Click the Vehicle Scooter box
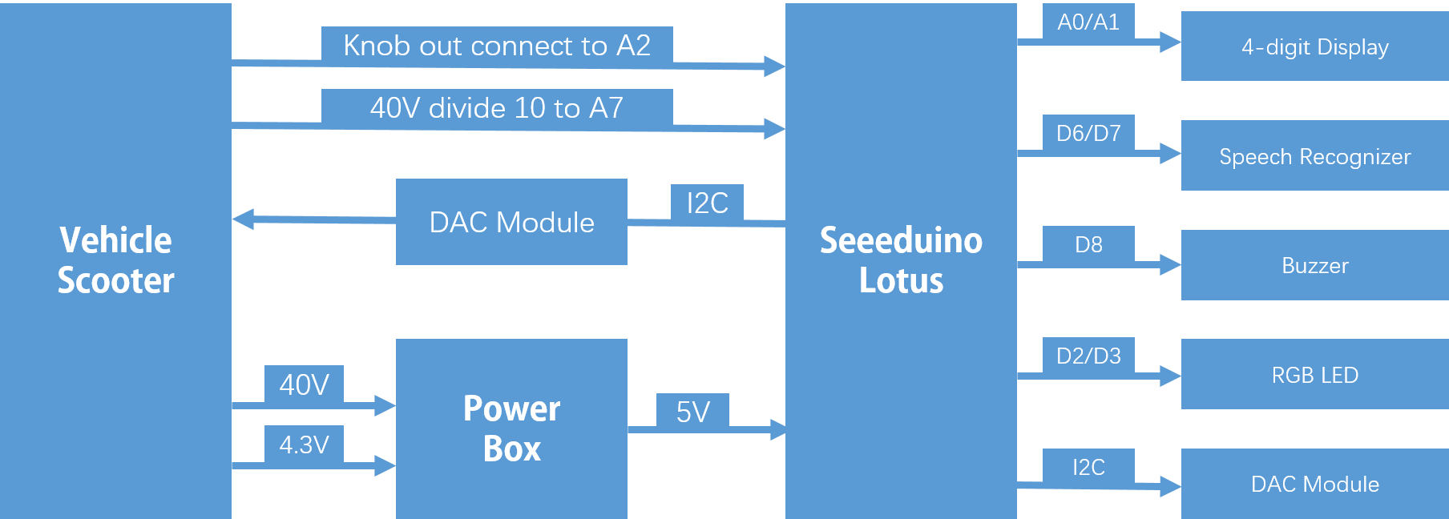pyautogui.click(x=115, y=260)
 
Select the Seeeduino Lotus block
pyautogui.click(x=901, y=260)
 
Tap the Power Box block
pyautogui.click(x=511, y=428)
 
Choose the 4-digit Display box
pyautogui.click(x=1314, y=46)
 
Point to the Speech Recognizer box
pyautogui.click(x=1314, y=155)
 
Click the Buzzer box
pyautogui.click(x=1314, y=265)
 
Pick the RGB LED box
pyautogui.click(x=1314, y=374)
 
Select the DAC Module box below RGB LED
pyautogui.click(x=1314, y=483)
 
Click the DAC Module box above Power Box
pyautogui.click(x=511, y=222)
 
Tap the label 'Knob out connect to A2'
pyautogui.click(x=497, y=46)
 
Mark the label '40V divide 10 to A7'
pyautogui.click(x=497, y=107)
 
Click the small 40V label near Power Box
pyautogui.click(x=304, y=384)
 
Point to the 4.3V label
pyautogui.click(x=304, y=444)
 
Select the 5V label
pyautogui.click(x=692, y=411)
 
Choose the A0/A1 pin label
pyautogui.click(x=1088, y=22)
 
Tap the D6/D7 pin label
pyautogui.click(x=1088, y=133)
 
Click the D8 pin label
pyautogui.click(x=1088, y=243)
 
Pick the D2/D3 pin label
pyautogui.click(x=1088, y=355)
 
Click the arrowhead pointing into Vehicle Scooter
pyautogui.click(x=243, y=219)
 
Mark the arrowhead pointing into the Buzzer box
pyautogui.click(x=1170, y=265)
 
